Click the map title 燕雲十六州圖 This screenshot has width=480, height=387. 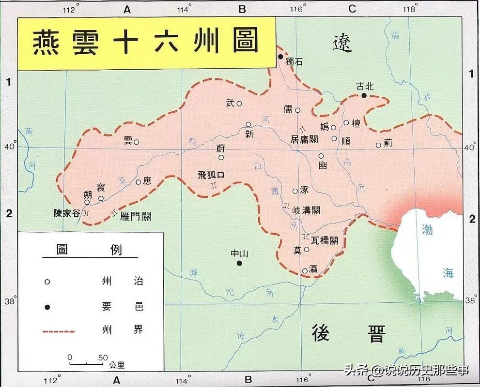point(145,43)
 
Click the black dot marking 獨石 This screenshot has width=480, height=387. point(280,57)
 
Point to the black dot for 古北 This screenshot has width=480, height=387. point(364,96)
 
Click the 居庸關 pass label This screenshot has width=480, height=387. point(304,139)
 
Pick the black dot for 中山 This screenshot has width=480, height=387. point(239,263)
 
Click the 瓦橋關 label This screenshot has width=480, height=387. point(325,239)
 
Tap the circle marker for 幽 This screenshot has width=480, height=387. point(321,156)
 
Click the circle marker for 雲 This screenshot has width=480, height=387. point(137,142)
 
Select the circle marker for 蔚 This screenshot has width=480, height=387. point(221,157)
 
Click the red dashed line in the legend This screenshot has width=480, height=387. point(58,331)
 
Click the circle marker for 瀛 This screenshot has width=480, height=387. point(305,270)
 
